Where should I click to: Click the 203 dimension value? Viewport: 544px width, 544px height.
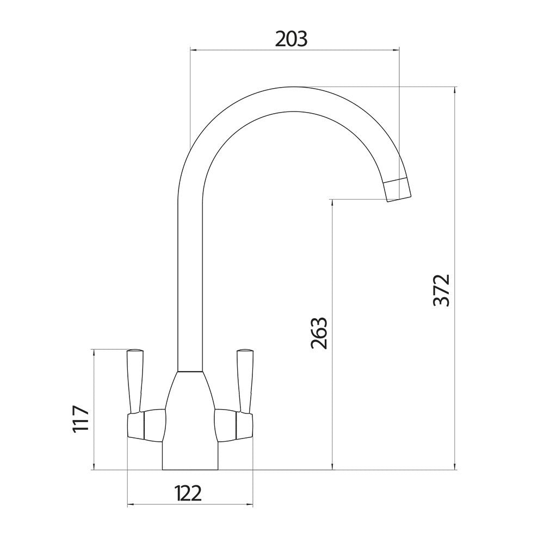[291, 39]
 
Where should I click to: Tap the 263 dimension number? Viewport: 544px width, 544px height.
[319, 332]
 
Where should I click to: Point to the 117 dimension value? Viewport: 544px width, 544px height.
[81, 419]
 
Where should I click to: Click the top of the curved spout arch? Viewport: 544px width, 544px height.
[294, 99]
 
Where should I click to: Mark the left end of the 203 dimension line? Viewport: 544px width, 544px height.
[189, 50]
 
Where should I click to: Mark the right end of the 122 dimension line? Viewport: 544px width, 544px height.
[254, 505]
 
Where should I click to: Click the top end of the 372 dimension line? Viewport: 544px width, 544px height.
[455, 87]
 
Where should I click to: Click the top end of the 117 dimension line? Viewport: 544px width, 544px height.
[94, 349]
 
